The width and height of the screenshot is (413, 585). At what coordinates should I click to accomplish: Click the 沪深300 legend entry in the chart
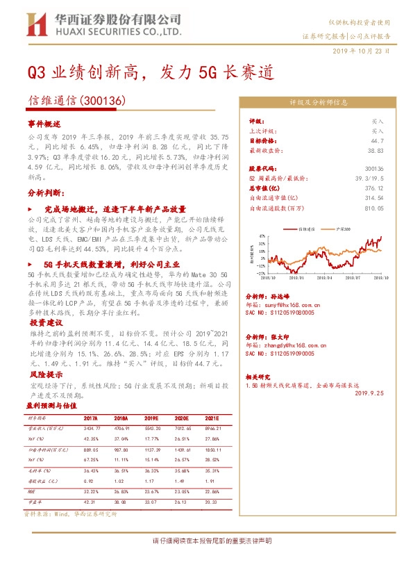coord(342,228)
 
